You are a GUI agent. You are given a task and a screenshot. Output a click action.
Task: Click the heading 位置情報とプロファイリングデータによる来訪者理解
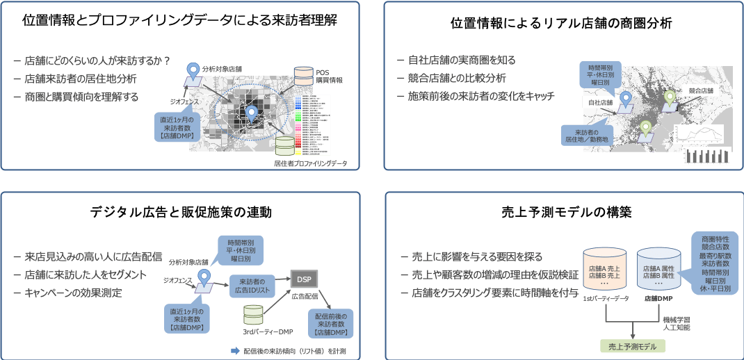click(x=180, y=20)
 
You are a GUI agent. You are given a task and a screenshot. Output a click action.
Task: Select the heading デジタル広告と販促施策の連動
click(x=180, y=211)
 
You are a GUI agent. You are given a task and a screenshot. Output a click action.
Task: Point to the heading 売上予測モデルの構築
click(x=561, y=212)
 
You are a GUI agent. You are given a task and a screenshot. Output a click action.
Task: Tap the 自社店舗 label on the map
click(x=600, y=104)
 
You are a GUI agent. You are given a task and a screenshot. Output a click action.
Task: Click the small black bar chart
click(x=706, y=156)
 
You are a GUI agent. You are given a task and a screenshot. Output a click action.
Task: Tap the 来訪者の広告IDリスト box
click(x=252, y=285)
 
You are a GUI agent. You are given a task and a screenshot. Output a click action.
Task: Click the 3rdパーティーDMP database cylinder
click(x=254, y=314)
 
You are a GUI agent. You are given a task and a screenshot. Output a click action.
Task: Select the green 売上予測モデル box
click(x=632, y=345)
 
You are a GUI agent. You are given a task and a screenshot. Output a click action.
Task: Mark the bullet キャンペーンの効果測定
click(x=73, y=293)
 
